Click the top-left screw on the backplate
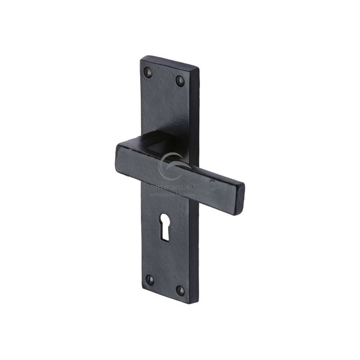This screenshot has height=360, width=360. [x=148, y=71]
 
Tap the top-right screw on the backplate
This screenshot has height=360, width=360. [x=180, y=80]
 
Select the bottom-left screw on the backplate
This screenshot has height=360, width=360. [x=150, y=279]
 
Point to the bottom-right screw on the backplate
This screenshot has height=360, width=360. [x=180, y=290]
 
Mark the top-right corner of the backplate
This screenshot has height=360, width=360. [x=199, y=69]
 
